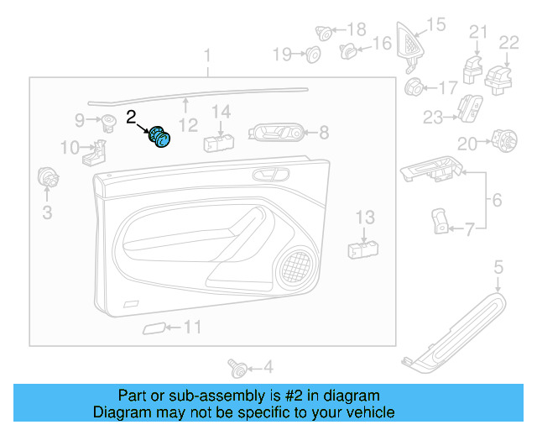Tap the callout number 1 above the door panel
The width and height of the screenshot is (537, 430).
[x=208, y=57]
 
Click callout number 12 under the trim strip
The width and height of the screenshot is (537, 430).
[x=189, y=125]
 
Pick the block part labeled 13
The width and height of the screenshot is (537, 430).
[x=362, y=248]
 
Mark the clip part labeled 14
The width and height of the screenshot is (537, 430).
[x=218, y=139]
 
